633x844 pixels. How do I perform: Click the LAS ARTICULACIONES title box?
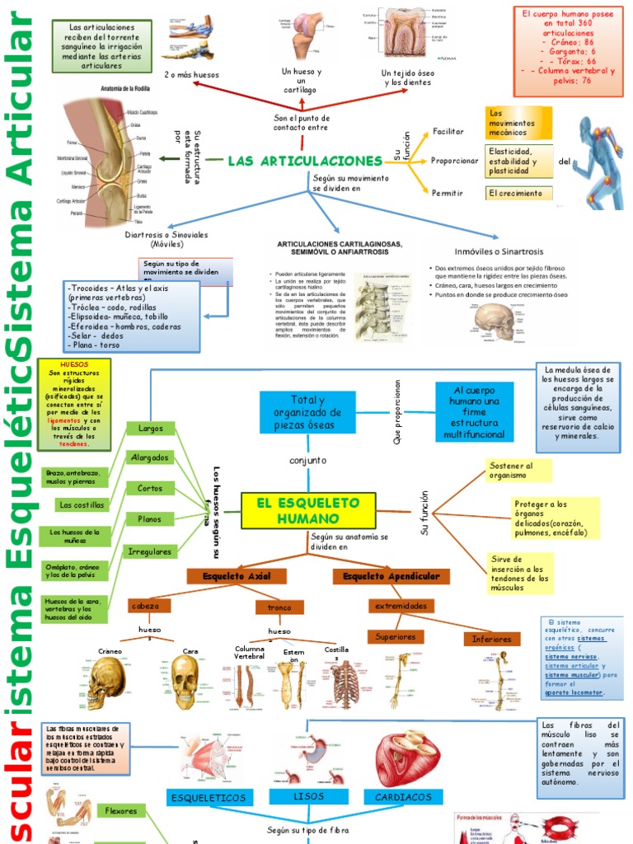[x=305, y=161]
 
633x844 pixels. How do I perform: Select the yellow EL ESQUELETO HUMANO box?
[x=308, y=511]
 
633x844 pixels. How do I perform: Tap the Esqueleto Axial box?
[x=233, y=576]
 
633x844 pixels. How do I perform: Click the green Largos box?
[x=151, y=429]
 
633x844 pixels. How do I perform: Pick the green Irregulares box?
[x=151, y=551]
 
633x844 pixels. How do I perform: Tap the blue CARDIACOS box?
[x=405, y=798]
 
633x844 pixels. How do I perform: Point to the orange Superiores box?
[x=396, y=637]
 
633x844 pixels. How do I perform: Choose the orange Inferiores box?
[x=492, y=639]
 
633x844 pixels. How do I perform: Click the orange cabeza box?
[x=145, y=606]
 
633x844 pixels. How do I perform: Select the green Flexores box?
[x=121, y=811]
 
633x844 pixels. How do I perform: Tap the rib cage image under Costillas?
[x=344, y=686]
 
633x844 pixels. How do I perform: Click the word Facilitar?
[x=448, y=131]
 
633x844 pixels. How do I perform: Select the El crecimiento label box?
[x=516, y=193]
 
